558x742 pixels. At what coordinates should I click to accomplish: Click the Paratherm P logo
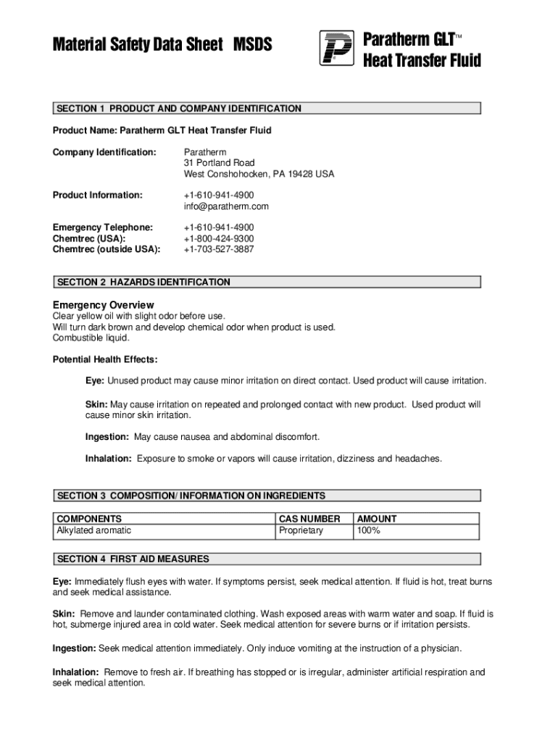[336, 48]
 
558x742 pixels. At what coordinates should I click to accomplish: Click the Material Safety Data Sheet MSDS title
[162, 45]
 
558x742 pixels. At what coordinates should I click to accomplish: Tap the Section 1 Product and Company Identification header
[179, 109]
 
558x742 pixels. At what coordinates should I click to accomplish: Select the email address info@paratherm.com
[226, 207]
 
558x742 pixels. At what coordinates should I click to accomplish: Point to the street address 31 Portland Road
[219, 163]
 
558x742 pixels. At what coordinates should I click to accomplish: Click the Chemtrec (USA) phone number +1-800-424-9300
[219, 238]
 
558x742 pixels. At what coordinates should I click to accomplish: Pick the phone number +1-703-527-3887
[219, 249]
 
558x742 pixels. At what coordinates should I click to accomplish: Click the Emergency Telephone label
[103, 228]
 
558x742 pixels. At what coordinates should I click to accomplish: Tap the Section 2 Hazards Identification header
[143, 282]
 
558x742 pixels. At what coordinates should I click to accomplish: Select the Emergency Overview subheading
[103, 304]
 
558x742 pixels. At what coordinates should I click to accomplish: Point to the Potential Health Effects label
[105, 359]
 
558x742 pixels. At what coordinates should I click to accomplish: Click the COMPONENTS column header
[89, 519]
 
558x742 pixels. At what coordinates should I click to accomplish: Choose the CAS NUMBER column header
[309, 519]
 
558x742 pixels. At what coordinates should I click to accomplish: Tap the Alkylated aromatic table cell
[94, 530]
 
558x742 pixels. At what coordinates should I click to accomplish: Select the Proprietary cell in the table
[301, 530]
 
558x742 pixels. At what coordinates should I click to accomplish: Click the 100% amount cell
[368, 530]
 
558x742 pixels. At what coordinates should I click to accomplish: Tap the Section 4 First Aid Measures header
[133, 559]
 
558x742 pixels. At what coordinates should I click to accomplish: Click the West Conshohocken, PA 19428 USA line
[259, 175]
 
